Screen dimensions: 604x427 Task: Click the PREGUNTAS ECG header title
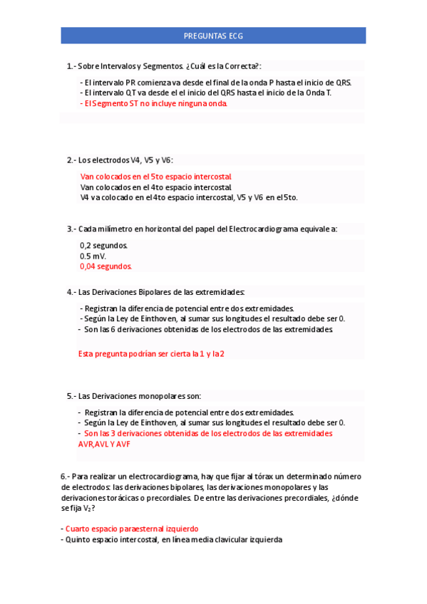(x=213, y=36)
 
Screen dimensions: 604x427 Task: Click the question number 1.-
(x=71, y=66)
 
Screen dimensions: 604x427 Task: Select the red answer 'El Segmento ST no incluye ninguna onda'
(x=154, y=103)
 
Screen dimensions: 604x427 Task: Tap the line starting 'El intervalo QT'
(x=207, y=93)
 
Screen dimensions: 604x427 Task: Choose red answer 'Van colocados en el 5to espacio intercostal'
(x=155, y=177)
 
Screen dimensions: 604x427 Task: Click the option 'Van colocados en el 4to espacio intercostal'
(x=155, y=187)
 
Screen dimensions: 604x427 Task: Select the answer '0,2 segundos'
(x=103, y=246)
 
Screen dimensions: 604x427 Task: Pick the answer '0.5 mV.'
(x=93, y=256)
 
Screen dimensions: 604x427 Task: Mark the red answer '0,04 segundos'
(x=106, y=266)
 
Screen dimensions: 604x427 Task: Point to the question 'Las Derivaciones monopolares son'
(x=139, y=396)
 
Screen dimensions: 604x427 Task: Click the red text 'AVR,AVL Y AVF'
(x=104, y=444)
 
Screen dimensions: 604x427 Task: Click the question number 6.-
(x=65, y=476)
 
